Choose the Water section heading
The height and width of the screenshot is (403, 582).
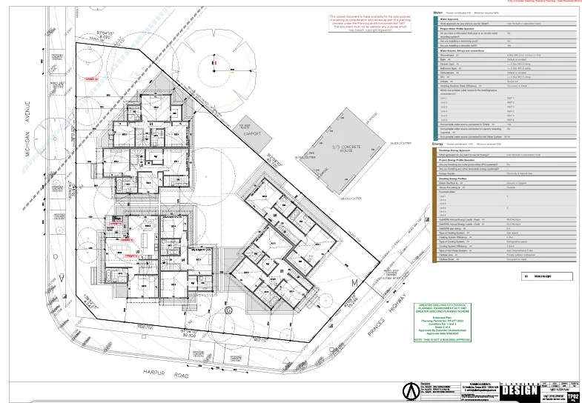[437, 13]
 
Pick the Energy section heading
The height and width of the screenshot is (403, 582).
[437, 143]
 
